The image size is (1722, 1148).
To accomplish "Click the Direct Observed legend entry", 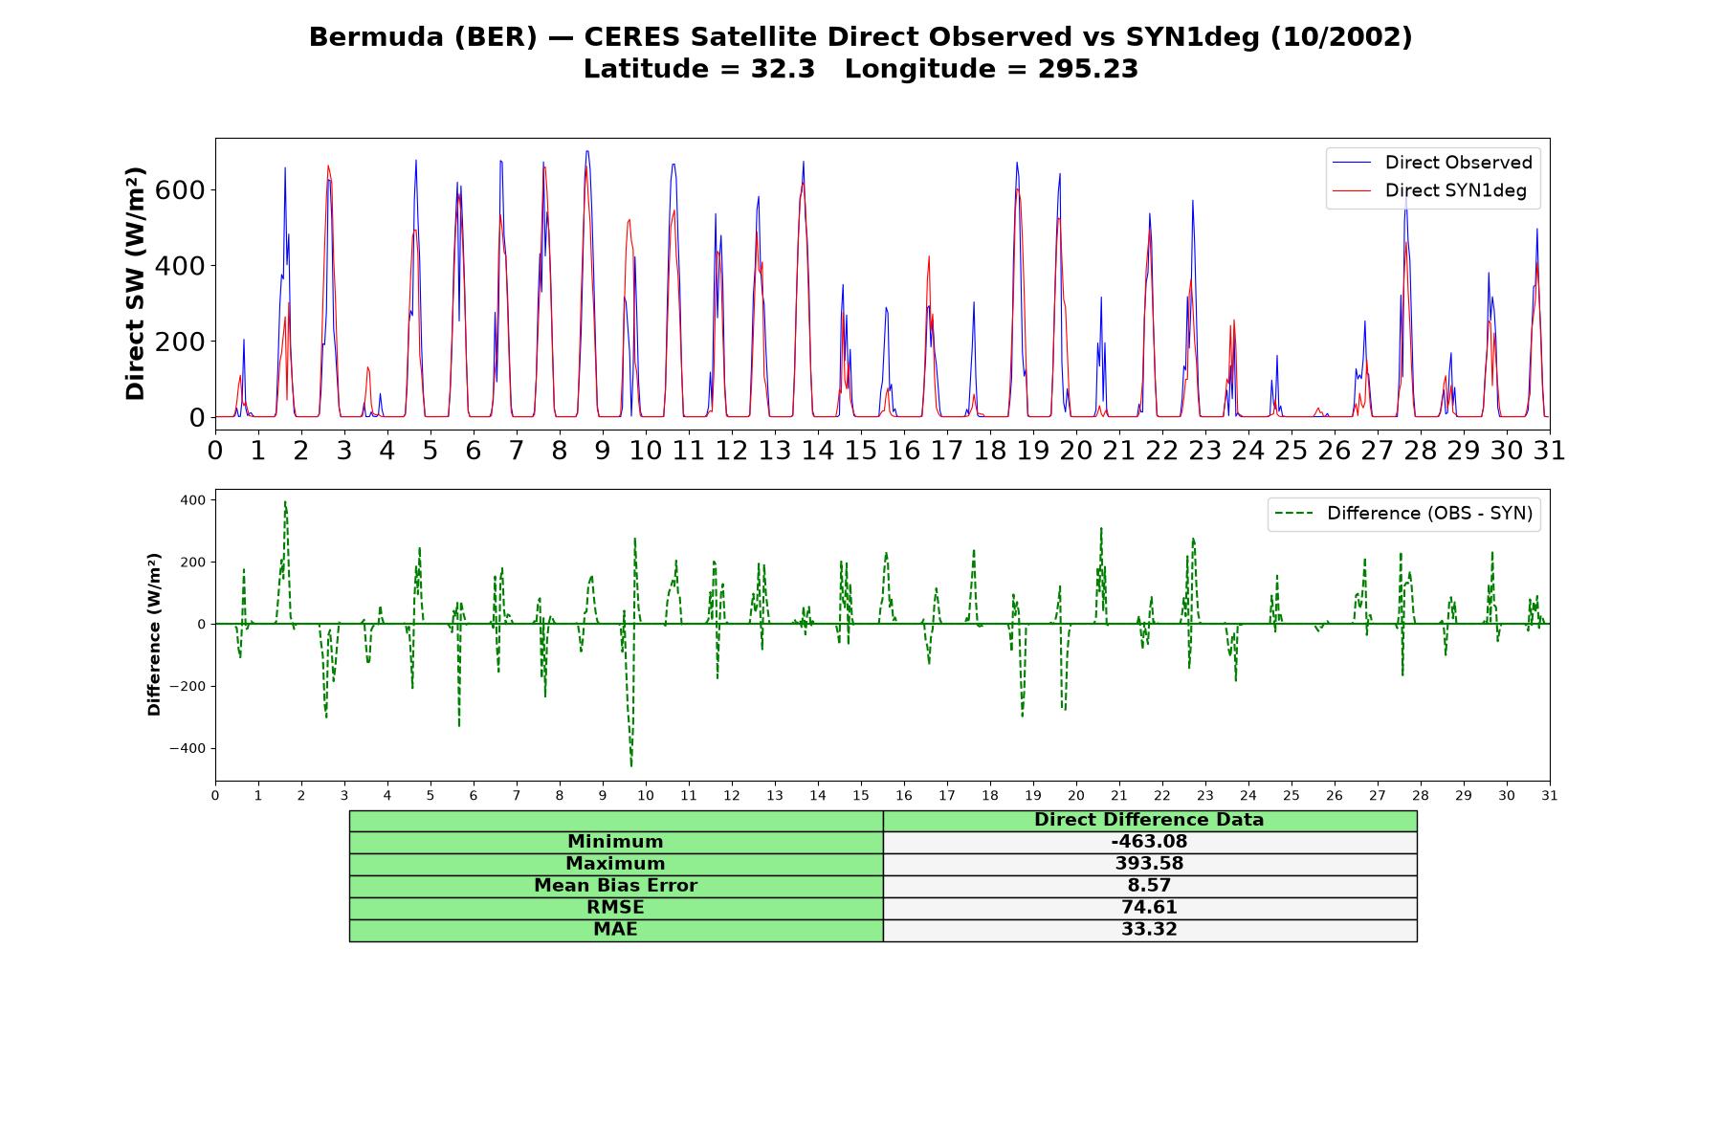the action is click(1432, 163).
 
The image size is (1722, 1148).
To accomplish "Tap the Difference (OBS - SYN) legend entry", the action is click(1403, 514).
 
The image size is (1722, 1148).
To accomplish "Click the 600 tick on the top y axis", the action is click(180, 189).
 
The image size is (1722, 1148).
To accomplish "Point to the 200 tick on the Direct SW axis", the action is click(180, 342).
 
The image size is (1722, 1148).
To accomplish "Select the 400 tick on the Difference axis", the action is click(192, 499).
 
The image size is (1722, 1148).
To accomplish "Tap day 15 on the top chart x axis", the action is click(860, 450).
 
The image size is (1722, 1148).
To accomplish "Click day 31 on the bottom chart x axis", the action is click(1549, 795).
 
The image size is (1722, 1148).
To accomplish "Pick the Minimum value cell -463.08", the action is click(1149, 842).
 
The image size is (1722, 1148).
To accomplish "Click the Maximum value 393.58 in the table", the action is click(1149, 864).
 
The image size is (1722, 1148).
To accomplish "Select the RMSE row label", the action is click(615, 908).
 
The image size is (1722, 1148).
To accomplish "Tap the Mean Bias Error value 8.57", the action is click(1149, 886).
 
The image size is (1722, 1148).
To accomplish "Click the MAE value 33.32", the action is click(1149, 930).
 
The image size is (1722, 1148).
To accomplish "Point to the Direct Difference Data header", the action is click(1149, 820).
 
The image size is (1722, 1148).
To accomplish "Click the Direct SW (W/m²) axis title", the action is click(135, 284).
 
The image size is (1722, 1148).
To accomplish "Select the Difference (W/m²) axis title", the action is click(154, 634).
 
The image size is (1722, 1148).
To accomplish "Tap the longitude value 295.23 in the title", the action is click(1088, 69).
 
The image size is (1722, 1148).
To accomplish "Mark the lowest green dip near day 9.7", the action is click(631, 765).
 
